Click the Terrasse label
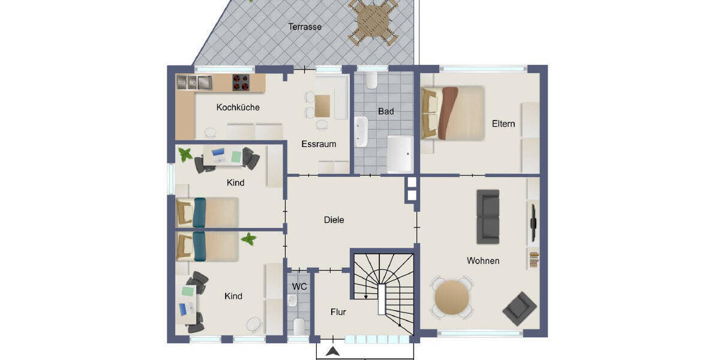(305, 27)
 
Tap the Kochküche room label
(238, 107)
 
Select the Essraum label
(319, 144)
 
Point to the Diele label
(334, 220)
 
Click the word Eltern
(503, 124)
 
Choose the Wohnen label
(483, 261)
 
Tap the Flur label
(338, 312)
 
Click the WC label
(299, 287)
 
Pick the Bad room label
(386, 112)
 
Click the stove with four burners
(241, 82)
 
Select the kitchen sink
(194, 82)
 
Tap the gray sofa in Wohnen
(488, 217)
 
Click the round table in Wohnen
(452, 298)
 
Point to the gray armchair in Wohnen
(520, 308)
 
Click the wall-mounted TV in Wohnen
(532, 217)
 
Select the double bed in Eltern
(453, 113)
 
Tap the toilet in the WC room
(299, 326)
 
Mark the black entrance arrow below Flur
(334, 352)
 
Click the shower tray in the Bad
(400, 154)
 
